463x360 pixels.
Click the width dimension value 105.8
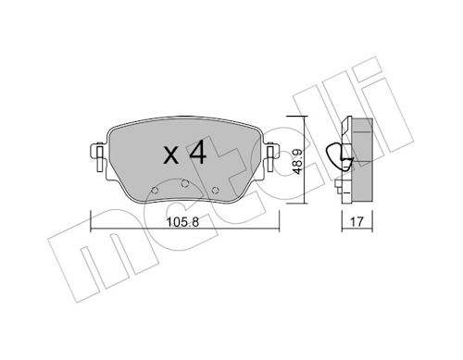point(182,221)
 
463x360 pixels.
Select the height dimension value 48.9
point(297,161)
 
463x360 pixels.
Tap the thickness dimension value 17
point(357,221)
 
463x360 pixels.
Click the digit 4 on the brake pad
point(197,152)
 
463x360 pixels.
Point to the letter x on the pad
point(171,155)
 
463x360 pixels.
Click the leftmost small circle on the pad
point(156,191)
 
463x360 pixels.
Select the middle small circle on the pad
point(184,183)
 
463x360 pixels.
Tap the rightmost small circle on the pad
point(215,191)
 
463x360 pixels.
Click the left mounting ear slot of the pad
point(99,159)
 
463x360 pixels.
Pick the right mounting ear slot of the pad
point(270,159)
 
